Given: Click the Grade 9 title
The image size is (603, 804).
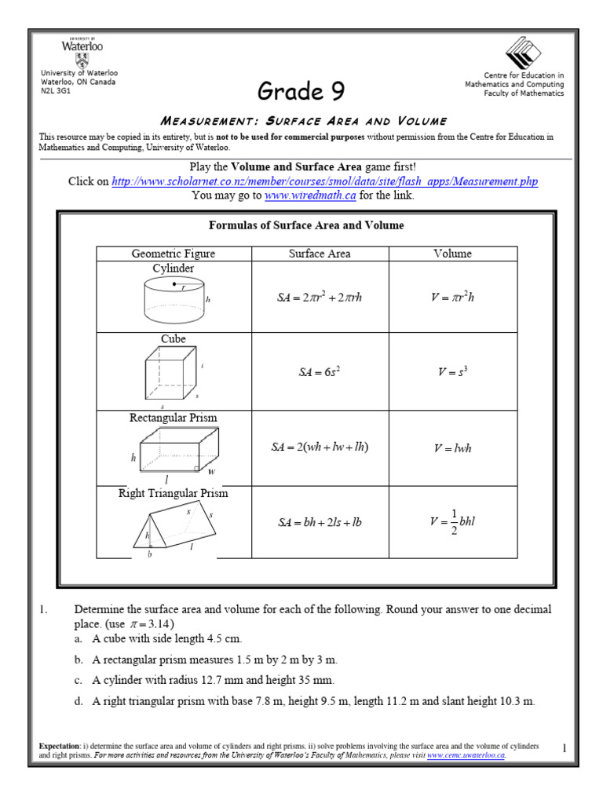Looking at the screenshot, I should pos(301,92).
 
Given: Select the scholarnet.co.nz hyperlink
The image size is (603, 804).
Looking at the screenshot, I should pos(325,181).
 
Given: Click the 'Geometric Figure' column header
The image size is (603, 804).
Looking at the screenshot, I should pos(173,254).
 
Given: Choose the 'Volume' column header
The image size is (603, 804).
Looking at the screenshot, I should pos(453,254).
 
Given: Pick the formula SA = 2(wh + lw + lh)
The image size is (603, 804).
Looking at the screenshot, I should pos(320,448).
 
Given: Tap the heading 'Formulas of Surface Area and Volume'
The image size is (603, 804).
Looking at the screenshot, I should pos(306,225).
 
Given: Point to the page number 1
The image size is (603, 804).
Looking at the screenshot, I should pos(564,749).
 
